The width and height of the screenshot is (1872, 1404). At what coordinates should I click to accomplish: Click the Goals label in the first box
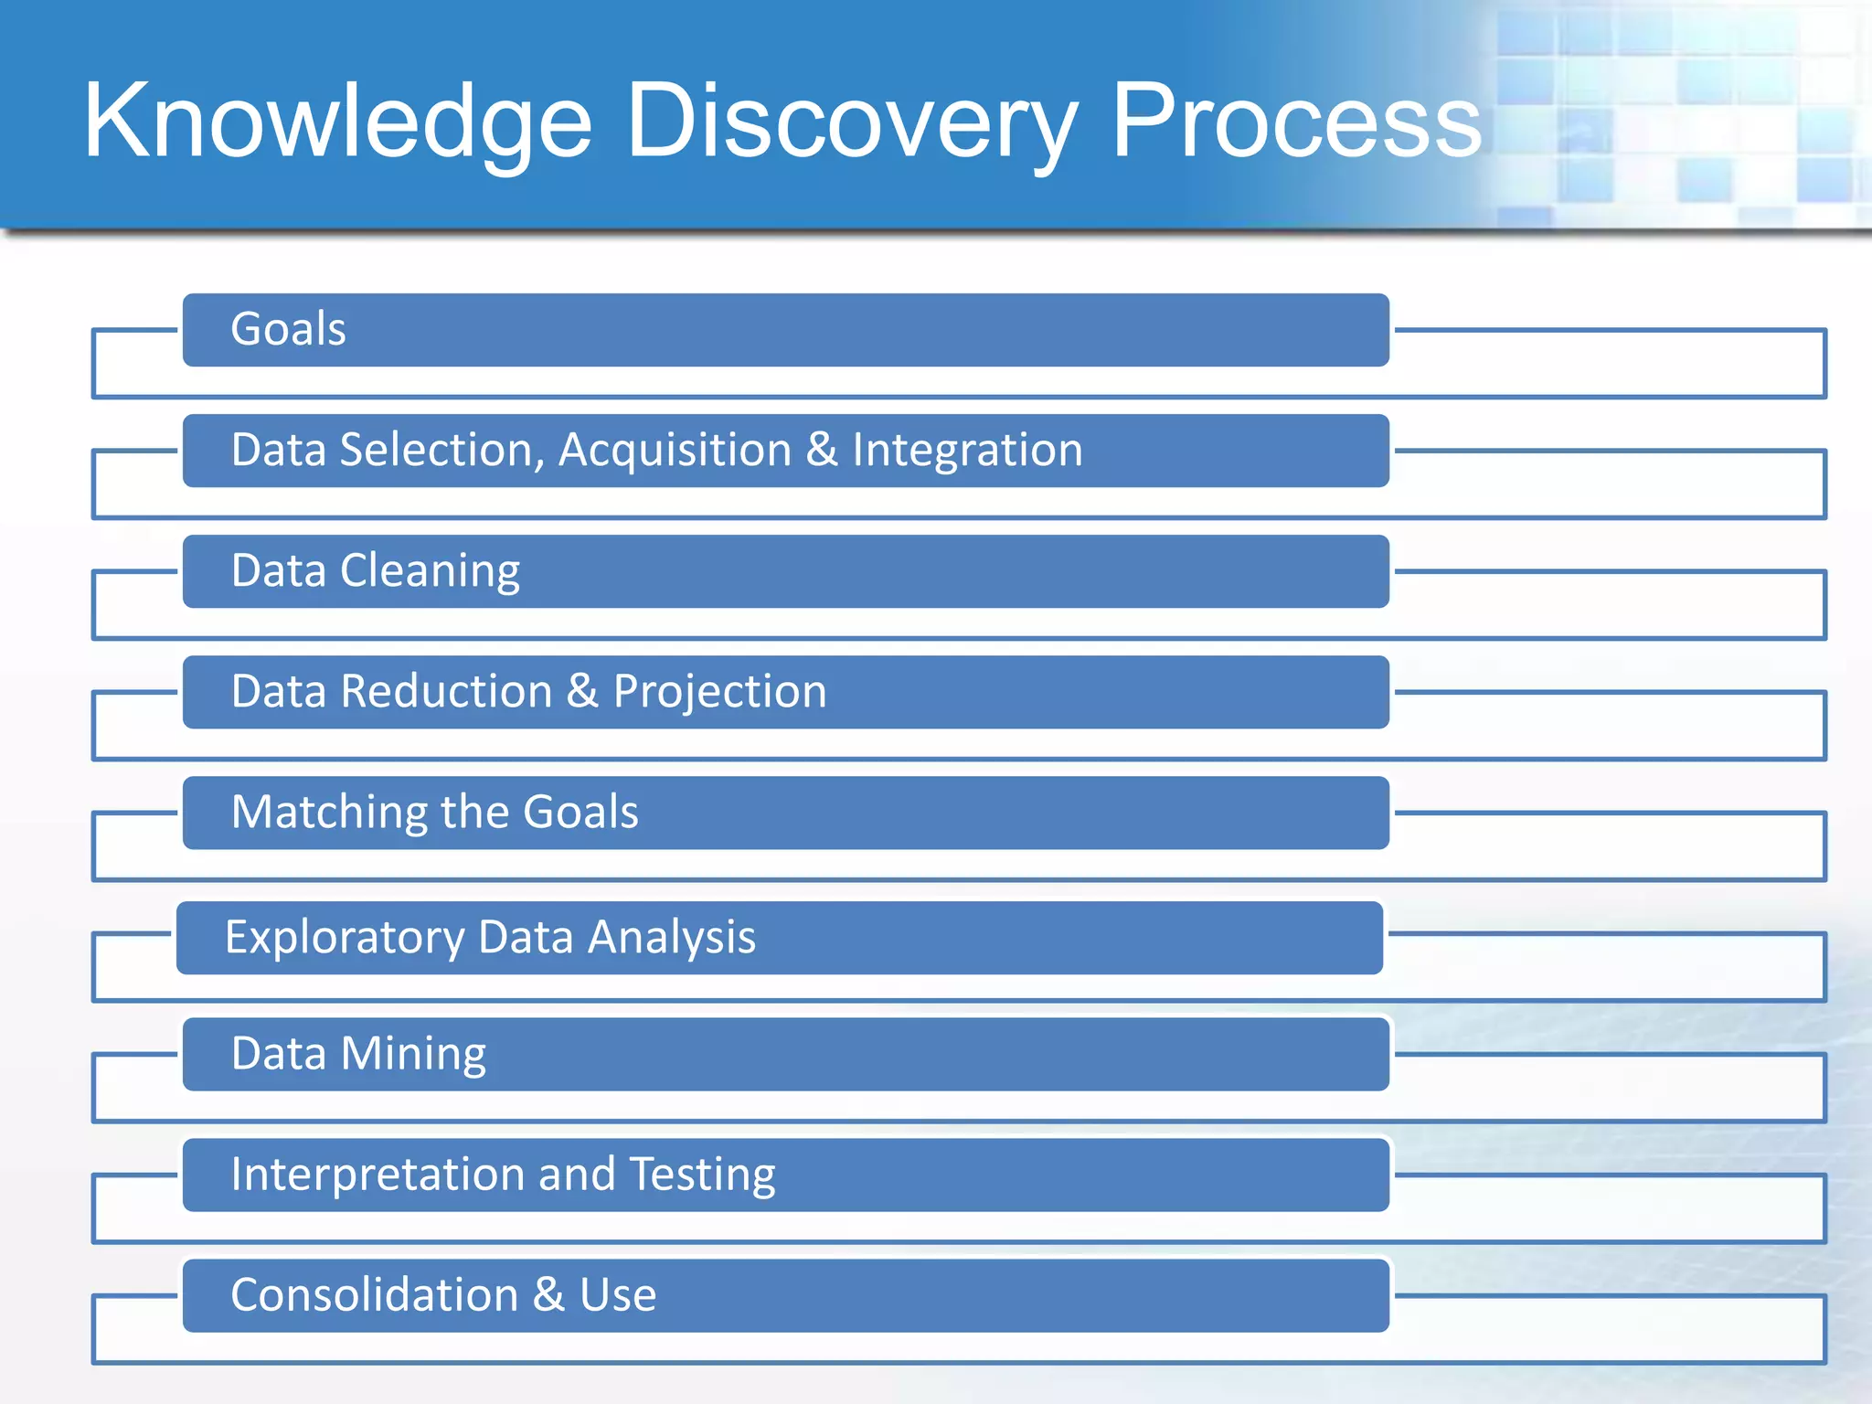coord(288,329)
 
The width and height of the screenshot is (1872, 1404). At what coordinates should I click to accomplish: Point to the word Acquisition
coord(675,451)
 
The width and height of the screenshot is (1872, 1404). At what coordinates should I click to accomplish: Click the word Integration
coord(967,451)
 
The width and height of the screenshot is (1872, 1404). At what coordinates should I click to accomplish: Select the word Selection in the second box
coord(442,451)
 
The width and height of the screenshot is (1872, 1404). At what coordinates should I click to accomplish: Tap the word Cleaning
coord(430,572)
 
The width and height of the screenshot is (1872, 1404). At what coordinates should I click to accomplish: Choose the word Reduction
coord(446,692)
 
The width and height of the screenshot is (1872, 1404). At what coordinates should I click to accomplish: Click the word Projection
coord(719,693)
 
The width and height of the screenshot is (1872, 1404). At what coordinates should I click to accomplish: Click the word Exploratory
coord(345,939)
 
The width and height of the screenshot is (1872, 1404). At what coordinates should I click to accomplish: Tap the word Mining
coord(413,1055)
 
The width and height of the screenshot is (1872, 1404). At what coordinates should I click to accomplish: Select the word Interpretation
coord(377,1175)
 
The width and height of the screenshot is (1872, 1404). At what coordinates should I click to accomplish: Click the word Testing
coord(702,1175)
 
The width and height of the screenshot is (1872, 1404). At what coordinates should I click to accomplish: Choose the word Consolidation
coord(374,1295)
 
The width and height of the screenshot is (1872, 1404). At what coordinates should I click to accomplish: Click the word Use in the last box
coord(618,1295)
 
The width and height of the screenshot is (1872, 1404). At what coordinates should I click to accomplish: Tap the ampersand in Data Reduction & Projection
coord(582,692)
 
